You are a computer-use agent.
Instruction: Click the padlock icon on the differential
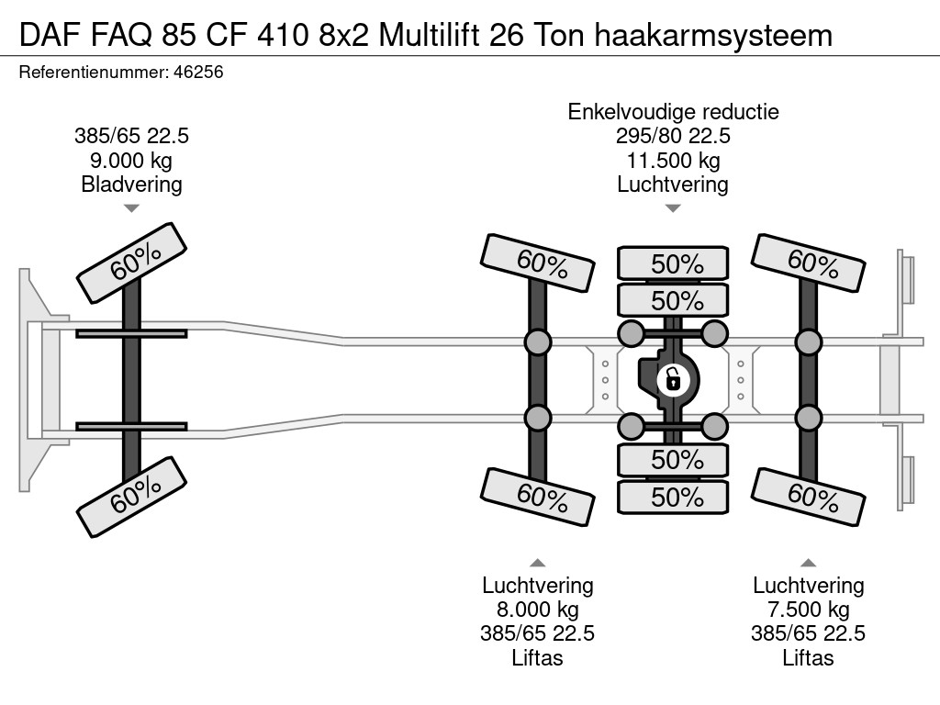click(673, 377)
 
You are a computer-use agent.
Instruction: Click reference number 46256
click(197, 71)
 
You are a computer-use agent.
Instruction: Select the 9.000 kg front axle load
click(131, 161)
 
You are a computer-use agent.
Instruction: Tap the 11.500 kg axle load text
click(673, 161)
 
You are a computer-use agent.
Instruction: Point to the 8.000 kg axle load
click(538, 610)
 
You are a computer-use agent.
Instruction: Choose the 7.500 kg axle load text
click(808, 610)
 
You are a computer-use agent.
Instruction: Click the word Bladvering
click(131, 185)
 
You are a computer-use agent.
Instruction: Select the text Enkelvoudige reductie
click(673, 112)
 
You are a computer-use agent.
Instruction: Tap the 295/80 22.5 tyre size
click(673, 137)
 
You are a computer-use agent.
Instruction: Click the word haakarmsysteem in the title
click(713, 35)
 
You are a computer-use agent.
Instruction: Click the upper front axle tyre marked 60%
click(131, 263)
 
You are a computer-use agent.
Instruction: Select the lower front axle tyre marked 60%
click(131, 498)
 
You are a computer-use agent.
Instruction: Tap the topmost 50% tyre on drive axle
click(673, 263)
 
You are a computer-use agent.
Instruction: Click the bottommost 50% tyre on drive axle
click(673, 497)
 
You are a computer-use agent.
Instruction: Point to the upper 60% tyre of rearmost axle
click(809, 263)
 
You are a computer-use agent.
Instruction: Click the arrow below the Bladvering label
click(131, 208)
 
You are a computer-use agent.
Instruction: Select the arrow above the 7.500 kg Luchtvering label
click(808, 563)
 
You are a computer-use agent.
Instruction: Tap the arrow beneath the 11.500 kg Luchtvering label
click(673, 208)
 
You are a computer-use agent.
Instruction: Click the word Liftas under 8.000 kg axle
click(538, 657)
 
